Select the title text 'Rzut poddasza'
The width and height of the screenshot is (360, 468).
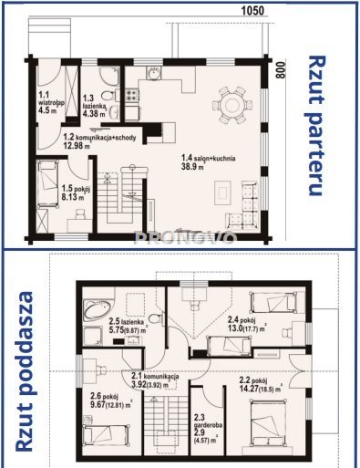click(26, 371)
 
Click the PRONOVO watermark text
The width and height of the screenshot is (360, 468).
click(179, 239)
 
